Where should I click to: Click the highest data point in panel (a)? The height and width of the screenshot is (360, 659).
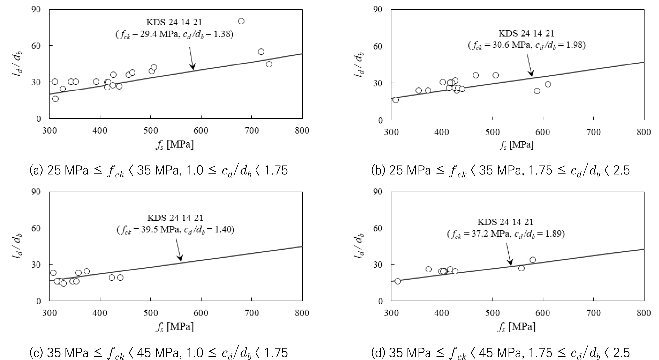click(x=241, y=21)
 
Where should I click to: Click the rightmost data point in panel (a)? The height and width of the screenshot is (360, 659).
click(x=269, y=64)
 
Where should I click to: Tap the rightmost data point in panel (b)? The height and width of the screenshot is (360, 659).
click(x=548, y=84)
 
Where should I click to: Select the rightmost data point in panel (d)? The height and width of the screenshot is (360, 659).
click(x=533, y=260)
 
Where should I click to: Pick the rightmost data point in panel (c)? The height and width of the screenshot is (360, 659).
click(x=120, y=277)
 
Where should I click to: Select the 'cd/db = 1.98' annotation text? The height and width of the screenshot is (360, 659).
click(x=564, y=45)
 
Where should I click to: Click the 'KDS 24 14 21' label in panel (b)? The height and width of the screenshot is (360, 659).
click(x=526, y=33)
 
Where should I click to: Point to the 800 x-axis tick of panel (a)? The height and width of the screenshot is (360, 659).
click(x=302, y=131)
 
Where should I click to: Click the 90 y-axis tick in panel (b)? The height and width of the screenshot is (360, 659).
click(x=378, y=9)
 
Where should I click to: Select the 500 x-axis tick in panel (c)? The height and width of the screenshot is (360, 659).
click(x=150, y=313)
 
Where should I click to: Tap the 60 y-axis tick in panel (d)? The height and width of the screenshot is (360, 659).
click(x=378, y=228)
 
